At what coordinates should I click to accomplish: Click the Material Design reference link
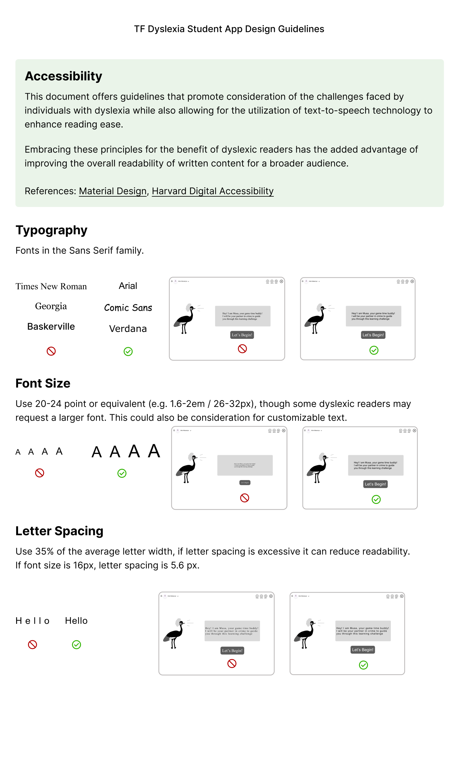pyautogui.click(x=113, y=191)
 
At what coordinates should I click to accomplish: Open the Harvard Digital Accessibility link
pyautogui.click(x=213, y=191)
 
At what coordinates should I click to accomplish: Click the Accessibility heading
pyautogui.click(x=64, y=76)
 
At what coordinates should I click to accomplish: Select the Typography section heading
pyautogui.click(x=51, y=230)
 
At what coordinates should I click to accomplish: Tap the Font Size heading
pyautogui.click(x=43, y=383)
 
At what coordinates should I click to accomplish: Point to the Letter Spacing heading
pyautogui.click(x=59, y=531)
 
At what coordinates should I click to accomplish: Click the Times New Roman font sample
pyautogui.click(x=51, y=286)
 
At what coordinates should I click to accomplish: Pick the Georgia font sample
pyautogui.click(x=51, y=306)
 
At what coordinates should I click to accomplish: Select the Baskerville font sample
pyautogui.click(x=51, y=327)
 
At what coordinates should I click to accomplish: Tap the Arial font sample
pyautogui.click(x=128, y=286)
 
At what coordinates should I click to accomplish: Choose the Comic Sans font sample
pyautogui.click(x=128, y=308)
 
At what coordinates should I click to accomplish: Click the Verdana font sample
pyautogui.click(x=128, y=329)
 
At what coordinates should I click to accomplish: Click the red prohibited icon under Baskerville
pyautogui.click(x=51, y=351)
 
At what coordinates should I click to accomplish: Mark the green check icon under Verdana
pyautogui.click(x=128, y=351)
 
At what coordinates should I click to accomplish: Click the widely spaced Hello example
pyautogui.click(x=32, y=621)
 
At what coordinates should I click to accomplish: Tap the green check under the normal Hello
pyautogui.click(x=76, y=645)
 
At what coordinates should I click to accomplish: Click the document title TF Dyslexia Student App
pyautogui.click(x=229, y=29)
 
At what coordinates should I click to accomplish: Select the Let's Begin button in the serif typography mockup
pyautogui.click(x=242, y=335)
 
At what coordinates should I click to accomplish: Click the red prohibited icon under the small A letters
pyautogui.click(x=40, y=473)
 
